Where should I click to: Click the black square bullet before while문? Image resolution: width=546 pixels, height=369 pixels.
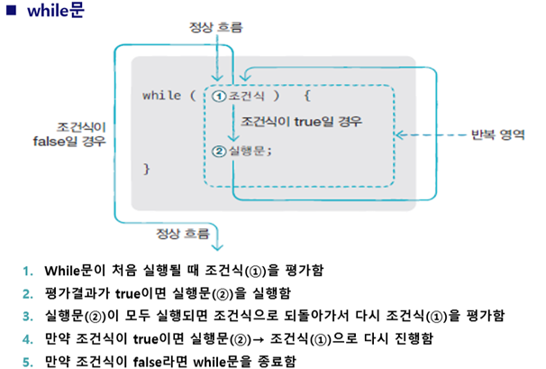[12, 14]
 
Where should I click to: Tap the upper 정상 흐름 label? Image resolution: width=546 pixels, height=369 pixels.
[216, 28]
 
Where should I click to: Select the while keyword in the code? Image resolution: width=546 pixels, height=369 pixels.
[160, 95]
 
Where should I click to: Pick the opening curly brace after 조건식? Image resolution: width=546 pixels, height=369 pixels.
[306, 95]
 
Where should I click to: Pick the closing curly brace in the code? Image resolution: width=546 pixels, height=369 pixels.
[147, 169]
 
